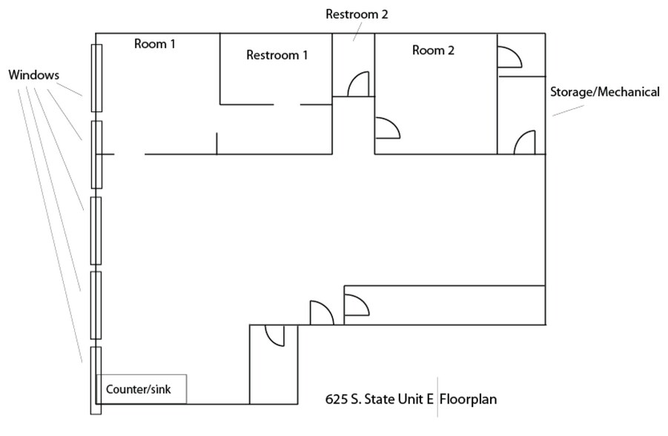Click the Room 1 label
[154, 44]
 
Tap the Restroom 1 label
[277, 55]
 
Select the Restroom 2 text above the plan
[357, 14]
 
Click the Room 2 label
[434, 50]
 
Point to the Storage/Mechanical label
[604, 93]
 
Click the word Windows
[34, 75]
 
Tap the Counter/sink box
[141, 389]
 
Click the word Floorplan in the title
[468, 400]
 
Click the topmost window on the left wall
[96, 78]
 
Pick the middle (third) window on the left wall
[96, 231]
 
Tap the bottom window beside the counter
[96, 380]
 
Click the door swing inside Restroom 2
[358, 84]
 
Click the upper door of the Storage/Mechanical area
[509, 56]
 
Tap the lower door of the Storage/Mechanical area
[525, 142]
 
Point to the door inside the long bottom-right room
[356, 304]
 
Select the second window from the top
[96, 154]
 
